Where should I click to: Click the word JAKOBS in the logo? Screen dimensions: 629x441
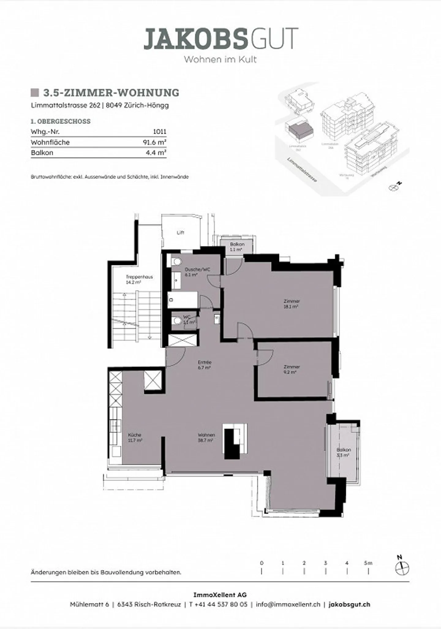[x=195, y=39]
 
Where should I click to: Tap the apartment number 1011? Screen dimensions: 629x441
[x=160, y=132]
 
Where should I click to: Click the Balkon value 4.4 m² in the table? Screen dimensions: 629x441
[x=156, y=153]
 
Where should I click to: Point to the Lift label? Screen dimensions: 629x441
[x=180, y=233]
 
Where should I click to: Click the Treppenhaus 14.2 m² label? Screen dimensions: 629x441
[x=139, y=279]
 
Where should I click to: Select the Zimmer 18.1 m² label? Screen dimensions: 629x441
[x=291, y=304]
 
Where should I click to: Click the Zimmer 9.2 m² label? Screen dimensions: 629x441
[x=291, y=369]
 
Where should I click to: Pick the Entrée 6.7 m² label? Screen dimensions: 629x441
[x=205, y=365]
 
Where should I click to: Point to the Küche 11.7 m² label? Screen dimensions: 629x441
[x=135, y=437]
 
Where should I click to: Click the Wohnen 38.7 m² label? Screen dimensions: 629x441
[x=206, y=437]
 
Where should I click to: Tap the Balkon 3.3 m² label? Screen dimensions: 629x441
[x=343, y=453]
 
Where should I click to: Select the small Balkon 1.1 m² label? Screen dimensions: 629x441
[x=237, y=247]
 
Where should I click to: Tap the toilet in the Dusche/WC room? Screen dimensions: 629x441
[x=176, y=262]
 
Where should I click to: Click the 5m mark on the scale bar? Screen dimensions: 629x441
[x=368, y=563]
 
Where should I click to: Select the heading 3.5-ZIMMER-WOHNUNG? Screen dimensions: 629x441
[x=111, y=93]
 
